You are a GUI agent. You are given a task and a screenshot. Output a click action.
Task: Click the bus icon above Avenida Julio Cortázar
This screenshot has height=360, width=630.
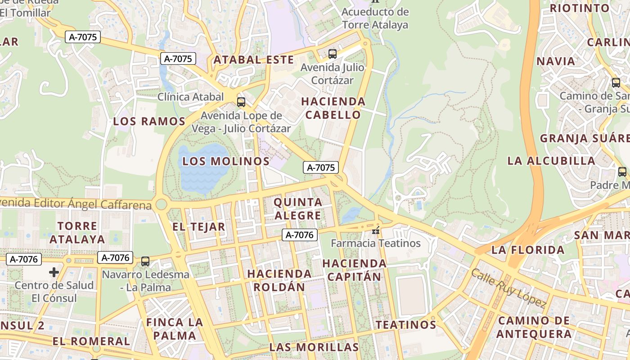tap(333, 54)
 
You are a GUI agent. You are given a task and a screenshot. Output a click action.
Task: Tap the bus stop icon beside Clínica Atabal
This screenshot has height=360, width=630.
tap(241, 102)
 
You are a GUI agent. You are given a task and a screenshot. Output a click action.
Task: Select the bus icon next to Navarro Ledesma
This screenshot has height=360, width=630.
tap(145, 261)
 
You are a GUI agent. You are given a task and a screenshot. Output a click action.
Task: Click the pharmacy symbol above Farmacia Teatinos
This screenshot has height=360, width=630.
tap(375, 231)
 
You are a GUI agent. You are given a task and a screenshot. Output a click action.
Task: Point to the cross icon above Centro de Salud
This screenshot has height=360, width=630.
tap(54, 272)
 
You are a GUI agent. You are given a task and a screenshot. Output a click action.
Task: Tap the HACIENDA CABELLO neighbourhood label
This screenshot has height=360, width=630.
tap(333, 108)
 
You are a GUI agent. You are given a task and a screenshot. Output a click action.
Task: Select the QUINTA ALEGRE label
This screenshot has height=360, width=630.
tap(298, 209)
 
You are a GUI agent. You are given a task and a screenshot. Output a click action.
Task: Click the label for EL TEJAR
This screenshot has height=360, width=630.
tap(198, 227)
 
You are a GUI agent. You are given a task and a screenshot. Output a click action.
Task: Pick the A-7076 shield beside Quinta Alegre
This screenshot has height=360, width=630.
tap(300, 234)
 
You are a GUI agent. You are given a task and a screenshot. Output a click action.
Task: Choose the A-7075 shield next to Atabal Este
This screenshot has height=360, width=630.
tap(178, 58)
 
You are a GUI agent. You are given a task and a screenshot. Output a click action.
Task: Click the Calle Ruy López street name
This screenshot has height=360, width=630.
tap(508, 288)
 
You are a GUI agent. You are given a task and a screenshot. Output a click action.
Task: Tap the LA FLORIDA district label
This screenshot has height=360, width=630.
tap(528, 250)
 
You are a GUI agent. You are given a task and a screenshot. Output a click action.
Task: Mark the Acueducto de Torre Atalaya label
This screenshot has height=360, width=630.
tap(375, 18)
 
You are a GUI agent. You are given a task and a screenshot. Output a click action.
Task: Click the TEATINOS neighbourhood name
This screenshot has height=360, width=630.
tap(406, 324)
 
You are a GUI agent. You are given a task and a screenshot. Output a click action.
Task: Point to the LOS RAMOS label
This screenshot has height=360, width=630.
tap(149, 121)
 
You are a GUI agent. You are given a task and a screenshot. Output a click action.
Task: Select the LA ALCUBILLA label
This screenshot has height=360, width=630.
tap(551, 161)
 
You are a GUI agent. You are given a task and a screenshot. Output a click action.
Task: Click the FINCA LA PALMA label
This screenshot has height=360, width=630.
tap(174, 329)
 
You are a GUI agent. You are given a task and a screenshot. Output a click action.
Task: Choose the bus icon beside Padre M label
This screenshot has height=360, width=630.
tap(622, 171)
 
